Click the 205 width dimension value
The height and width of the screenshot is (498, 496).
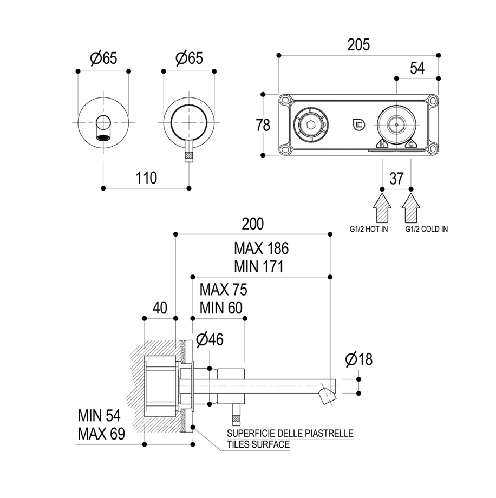click(x=358, y=45)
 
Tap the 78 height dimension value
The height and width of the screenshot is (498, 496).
click(x=263, y=125)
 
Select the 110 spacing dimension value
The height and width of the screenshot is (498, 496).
click(x=146, y=178)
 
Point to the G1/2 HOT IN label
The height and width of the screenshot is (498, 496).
click(x=368, y=229)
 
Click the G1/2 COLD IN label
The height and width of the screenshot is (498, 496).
click(x=427, y=229)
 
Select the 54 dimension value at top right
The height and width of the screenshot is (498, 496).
click(x=417, y=68)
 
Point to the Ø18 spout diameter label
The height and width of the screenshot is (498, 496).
click(x=358, y=359)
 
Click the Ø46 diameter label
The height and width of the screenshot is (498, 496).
click(x=210, y=339)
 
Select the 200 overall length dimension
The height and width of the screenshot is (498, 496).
click(x=252, y=224)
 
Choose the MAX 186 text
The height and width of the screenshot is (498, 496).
click(x=261, y=248)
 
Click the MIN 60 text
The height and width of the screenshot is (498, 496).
click(x=221, y=308)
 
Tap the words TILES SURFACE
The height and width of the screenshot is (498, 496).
click(x=258, y=444)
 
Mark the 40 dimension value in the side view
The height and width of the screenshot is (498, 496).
click(x=159, y=308)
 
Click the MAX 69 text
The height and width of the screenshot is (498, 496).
click(x=101, y=433)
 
